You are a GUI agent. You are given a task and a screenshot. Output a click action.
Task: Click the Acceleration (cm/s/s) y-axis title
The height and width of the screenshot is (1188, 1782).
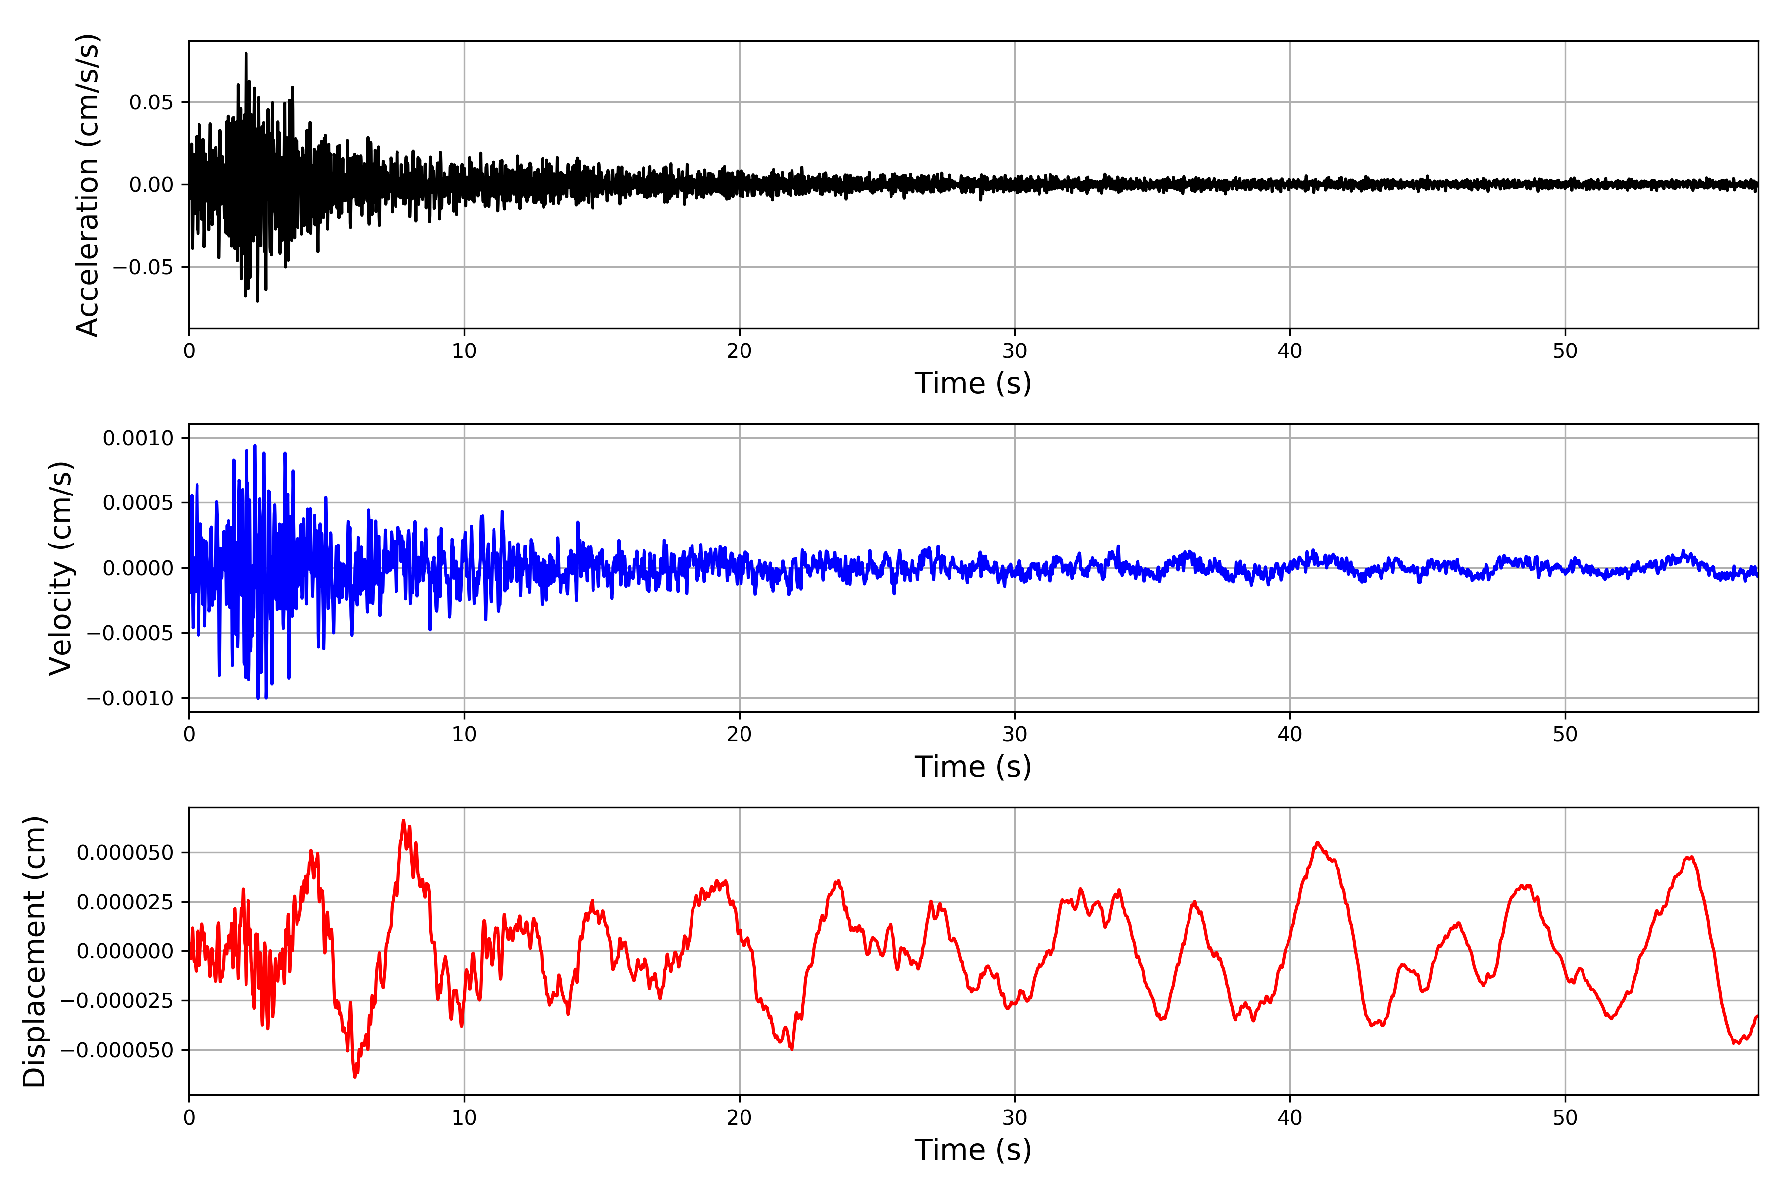[x=87, y=185]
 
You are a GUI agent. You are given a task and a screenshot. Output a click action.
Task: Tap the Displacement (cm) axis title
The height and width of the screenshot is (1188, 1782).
[x=34, y=951]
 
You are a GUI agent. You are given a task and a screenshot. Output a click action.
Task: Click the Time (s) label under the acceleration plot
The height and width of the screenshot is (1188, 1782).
[x=973, y=383]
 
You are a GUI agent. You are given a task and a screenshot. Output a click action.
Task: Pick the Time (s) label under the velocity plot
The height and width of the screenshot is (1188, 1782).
[x=973, y=767]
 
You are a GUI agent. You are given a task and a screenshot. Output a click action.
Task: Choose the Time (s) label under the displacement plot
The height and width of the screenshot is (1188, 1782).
[x=973, y=1150]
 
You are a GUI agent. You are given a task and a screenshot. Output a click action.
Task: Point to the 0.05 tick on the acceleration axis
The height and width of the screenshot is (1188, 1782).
[x=151, y=102]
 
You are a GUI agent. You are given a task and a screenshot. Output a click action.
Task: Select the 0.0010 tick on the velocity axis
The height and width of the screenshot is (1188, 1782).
[x=138, y=438]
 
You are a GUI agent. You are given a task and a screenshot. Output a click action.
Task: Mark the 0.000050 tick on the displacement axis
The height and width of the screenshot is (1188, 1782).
[x=125, y=852]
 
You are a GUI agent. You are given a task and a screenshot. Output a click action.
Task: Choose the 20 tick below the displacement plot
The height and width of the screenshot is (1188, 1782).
[x=740, y=1118]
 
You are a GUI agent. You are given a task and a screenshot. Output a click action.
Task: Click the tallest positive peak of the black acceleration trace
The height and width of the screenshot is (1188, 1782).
[x=246, y=54]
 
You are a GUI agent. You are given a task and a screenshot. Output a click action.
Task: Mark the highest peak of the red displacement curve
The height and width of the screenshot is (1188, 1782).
[x=403, y=821]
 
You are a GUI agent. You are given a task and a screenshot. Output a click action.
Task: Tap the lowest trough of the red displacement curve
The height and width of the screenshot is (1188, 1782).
[x=354, y=1076]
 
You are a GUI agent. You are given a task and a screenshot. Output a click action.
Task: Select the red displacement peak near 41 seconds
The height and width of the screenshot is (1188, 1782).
[x=1318, y=842]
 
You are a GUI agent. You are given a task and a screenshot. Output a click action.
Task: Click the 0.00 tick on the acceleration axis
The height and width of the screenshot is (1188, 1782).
[x=151, y=185]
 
